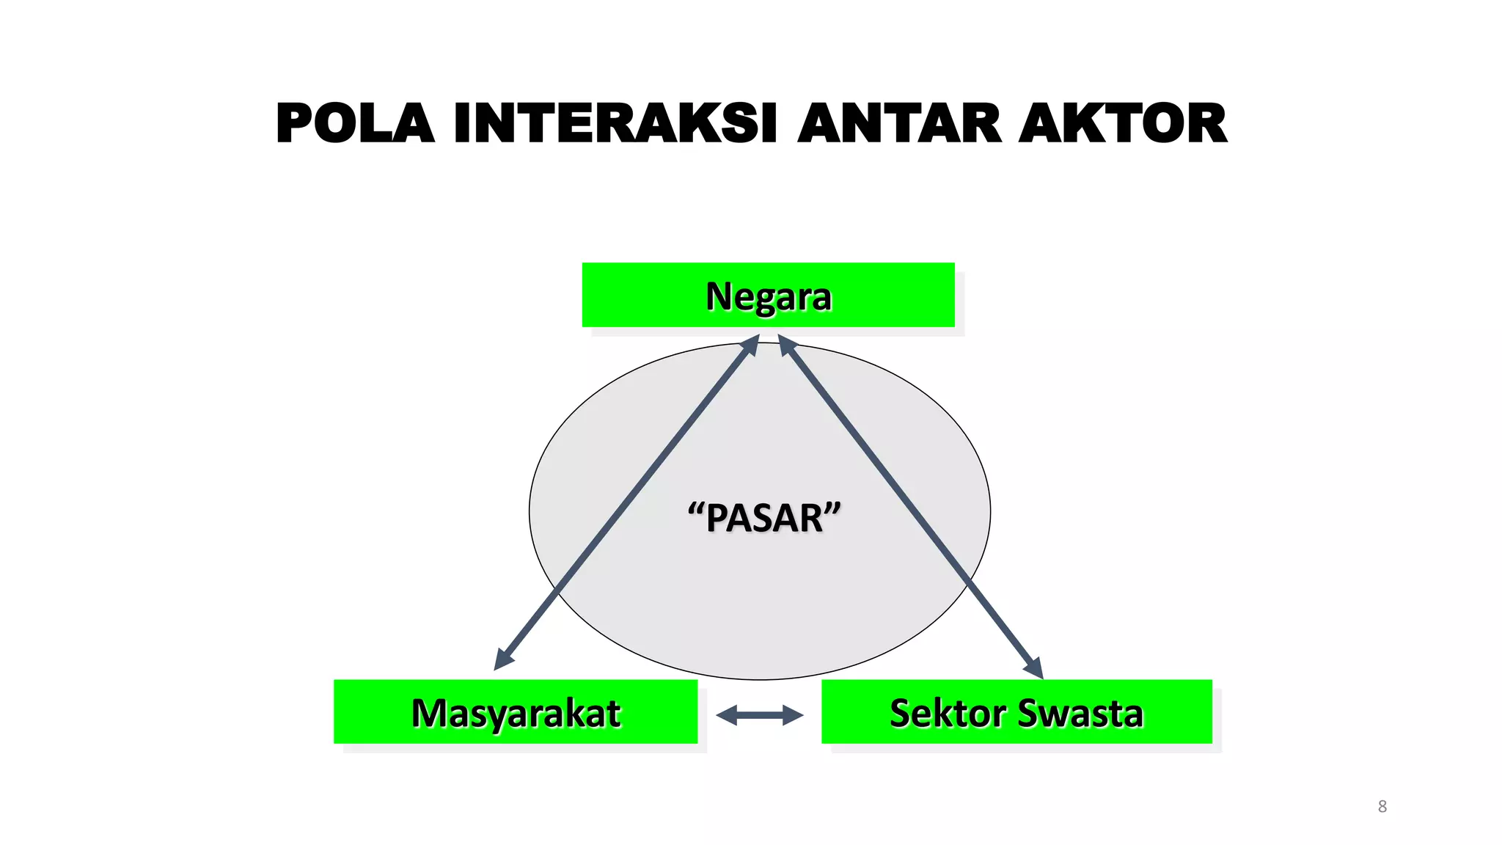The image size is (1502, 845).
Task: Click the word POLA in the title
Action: (355, 123)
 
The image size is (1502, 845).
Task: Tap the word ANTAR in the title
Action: (899, 123)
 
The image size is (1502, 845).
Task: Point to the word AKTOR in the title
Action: (1123, 123)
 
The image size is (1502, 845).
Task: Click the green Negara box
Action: (768, 295)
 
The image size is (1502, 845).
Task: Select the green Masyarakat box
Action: (516, 712)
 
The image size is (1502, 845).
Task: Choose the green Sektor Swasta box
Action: (1016, 712)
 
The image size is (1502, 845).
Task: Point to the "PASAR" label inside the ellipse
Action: (764, 517)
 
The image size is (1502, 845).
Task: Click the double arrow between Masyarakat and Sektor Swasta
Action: (760, 715)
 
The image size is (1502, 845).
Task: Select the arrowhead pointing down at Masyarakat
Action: (503, 659)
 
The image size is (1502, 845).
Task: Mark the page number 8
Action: (1382, 806)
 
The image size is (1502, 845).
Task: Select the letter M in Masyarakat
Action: (428, 713)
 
